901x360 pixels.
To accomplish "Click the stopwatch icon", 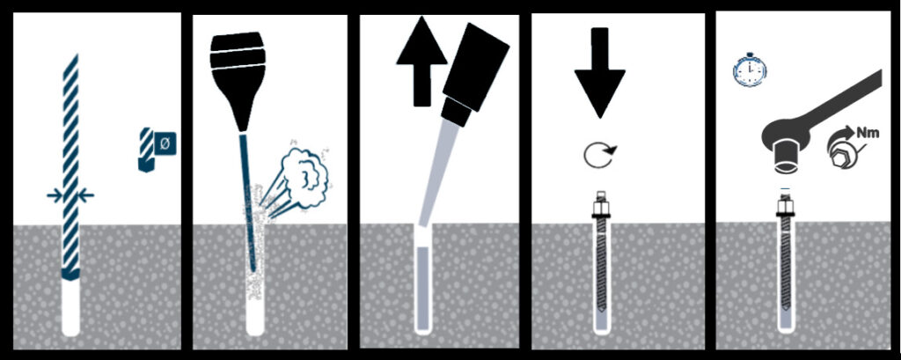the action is click(750, 70).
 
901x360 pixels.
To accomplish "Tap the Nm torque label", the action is click(868, 134).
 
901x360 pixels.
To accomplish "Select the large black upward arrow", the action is click(421, 61).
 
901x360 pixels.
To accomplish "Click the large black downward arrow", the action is click(599, 72).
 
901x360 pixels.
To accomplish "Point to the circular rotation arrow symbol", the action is click(598, 155).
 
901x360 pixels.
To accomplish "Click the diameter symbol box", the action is click(165, 143).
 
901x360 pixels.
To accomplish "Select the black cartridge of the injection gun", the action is click(476, 66).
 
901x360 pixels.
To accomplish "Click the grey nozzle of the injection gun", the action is click(438, 173).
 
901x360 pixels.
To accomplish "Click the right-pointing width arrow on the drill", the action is click(55, 196).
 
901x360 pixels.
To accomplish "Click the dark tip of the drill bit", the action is click(70, 275).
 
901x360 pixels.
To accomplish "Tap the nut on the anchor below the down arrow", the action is click(600, 208).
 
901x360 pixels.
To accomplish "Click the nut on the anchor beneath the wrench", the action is click(785, 207).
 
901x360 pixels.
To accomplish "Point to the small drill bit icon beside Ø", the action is click(147, 150).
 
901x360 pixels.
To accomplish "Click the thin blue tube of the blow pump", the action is click(246, 202).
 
